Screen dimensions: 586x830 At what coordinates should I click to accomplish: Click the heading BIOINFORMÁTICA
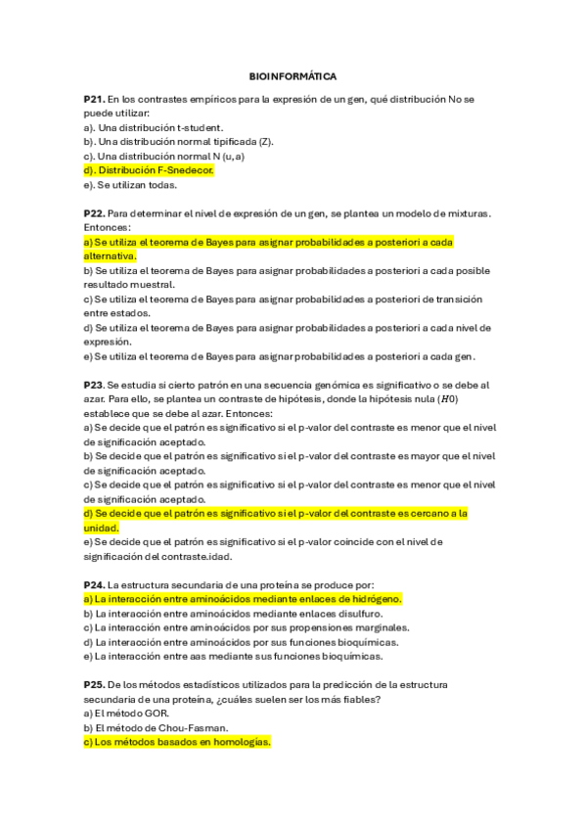coord(293,75)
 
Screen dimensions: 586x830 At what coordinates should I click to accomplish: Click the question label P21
coord(94,99)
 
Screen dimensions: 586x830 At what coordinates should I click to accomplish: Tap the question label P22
coord(94,212)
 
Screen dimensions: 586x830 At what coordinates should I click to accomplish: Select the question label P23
coord(94,386)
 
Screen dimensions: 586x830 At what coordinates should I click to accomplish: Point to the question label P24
coord(94,584)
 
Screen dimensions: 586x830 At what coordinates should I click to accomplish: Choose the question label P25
coord(94,685)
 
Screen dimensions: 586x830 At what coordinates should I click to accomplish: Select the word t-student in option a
coord(200,127)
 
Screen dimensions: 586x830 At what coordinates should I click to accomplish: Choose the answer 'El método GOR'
coord(118,714)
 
